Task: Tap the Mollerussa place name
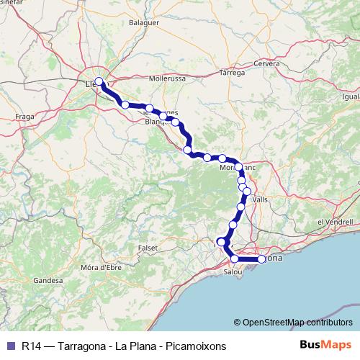[167, 78]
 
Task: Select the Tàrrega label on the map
[232, 73]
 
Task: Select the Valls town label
[260, 199]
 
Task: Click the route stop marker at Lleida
[99, 82]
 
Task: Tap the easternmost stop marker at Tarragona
[262, 259]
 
